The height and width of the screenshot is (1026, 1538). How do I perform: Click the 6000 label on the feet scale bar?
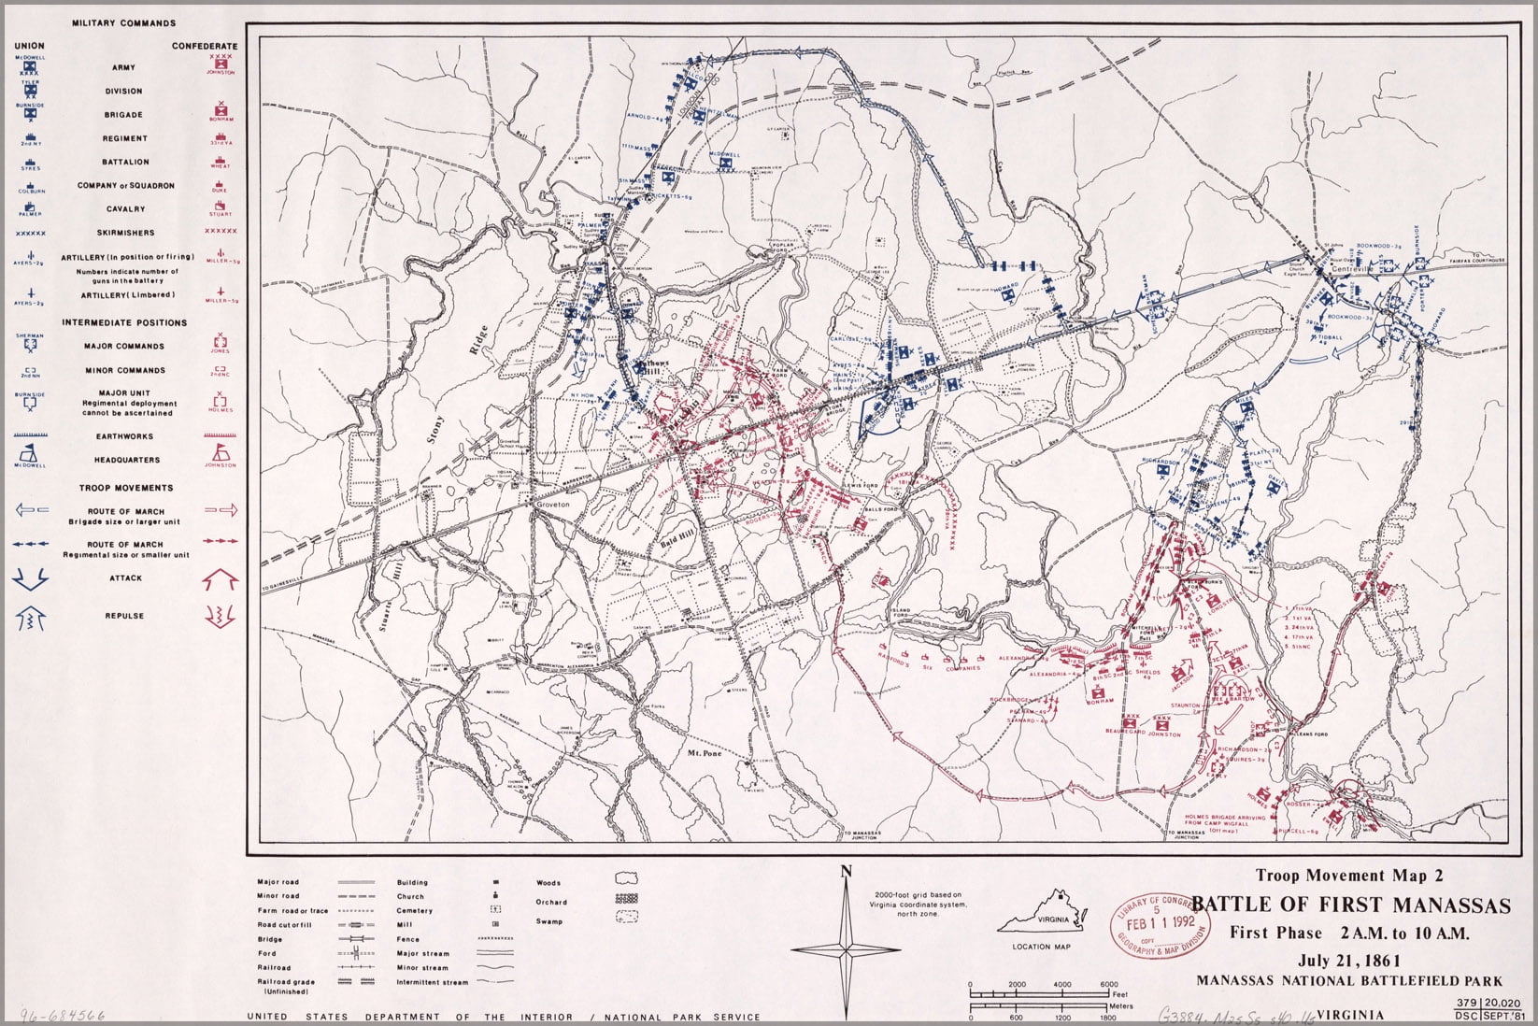[1108, 985]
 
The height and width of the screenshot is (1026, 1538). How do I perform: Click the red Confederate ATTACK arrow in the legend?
[221, 580]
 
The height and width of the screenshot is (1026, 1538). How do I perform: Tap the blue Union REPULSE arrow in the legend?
[30, 617]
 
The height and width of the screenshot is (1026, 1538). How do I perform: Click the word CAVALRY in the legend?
[124, 209]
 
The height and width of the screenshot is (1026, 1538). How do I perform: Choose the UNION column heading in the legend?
[29, 45]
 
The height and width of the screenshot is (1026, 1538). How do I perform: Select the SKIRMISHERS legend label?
[124, 233]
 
